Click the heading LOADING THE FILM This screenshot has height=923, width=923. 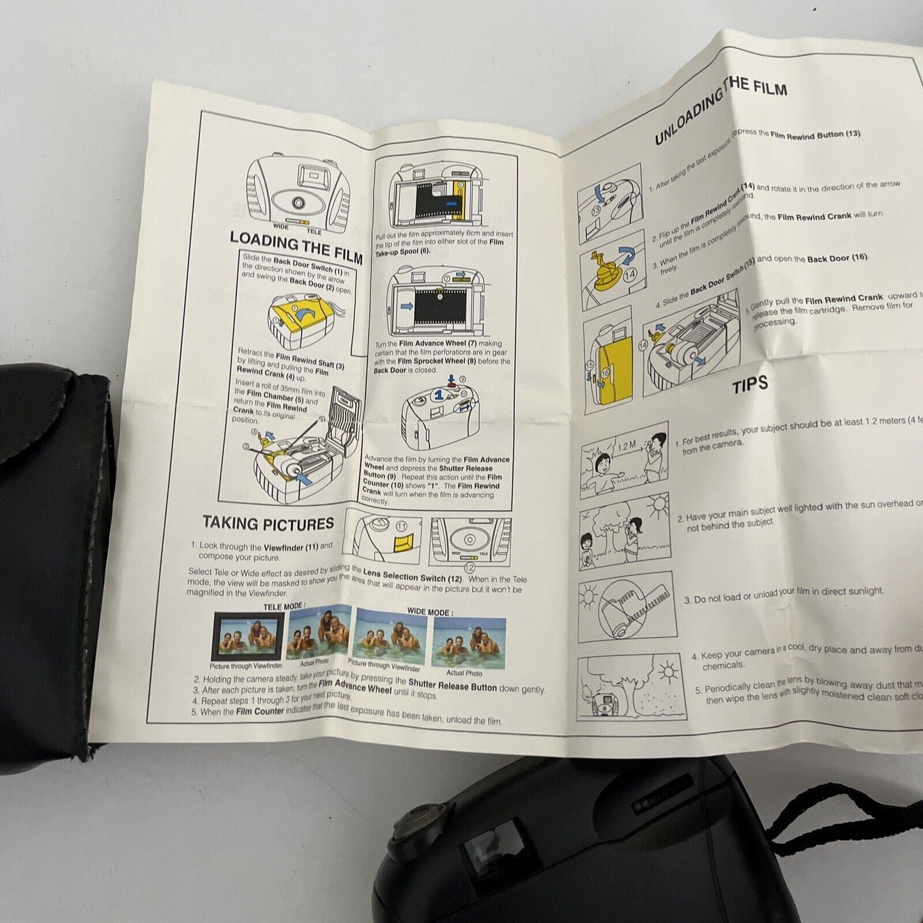(296, 247)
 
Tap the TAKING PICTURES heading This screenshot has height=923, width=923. (268, 524)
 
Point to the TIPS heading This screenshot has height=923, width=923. (750, 386)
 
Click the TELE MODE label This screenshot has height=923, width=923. (284, 606)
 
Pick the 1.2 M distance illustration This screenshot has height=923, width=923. (623, 459)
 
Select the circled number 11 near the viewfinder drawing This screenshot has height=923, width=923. (401, 526)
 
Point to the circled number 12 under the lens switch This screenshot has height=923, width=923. (469, 567)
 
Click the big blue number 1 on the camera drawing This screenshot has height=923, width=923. (439, 395)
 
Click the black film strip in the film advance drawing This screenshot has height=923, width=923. (437, 305)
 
